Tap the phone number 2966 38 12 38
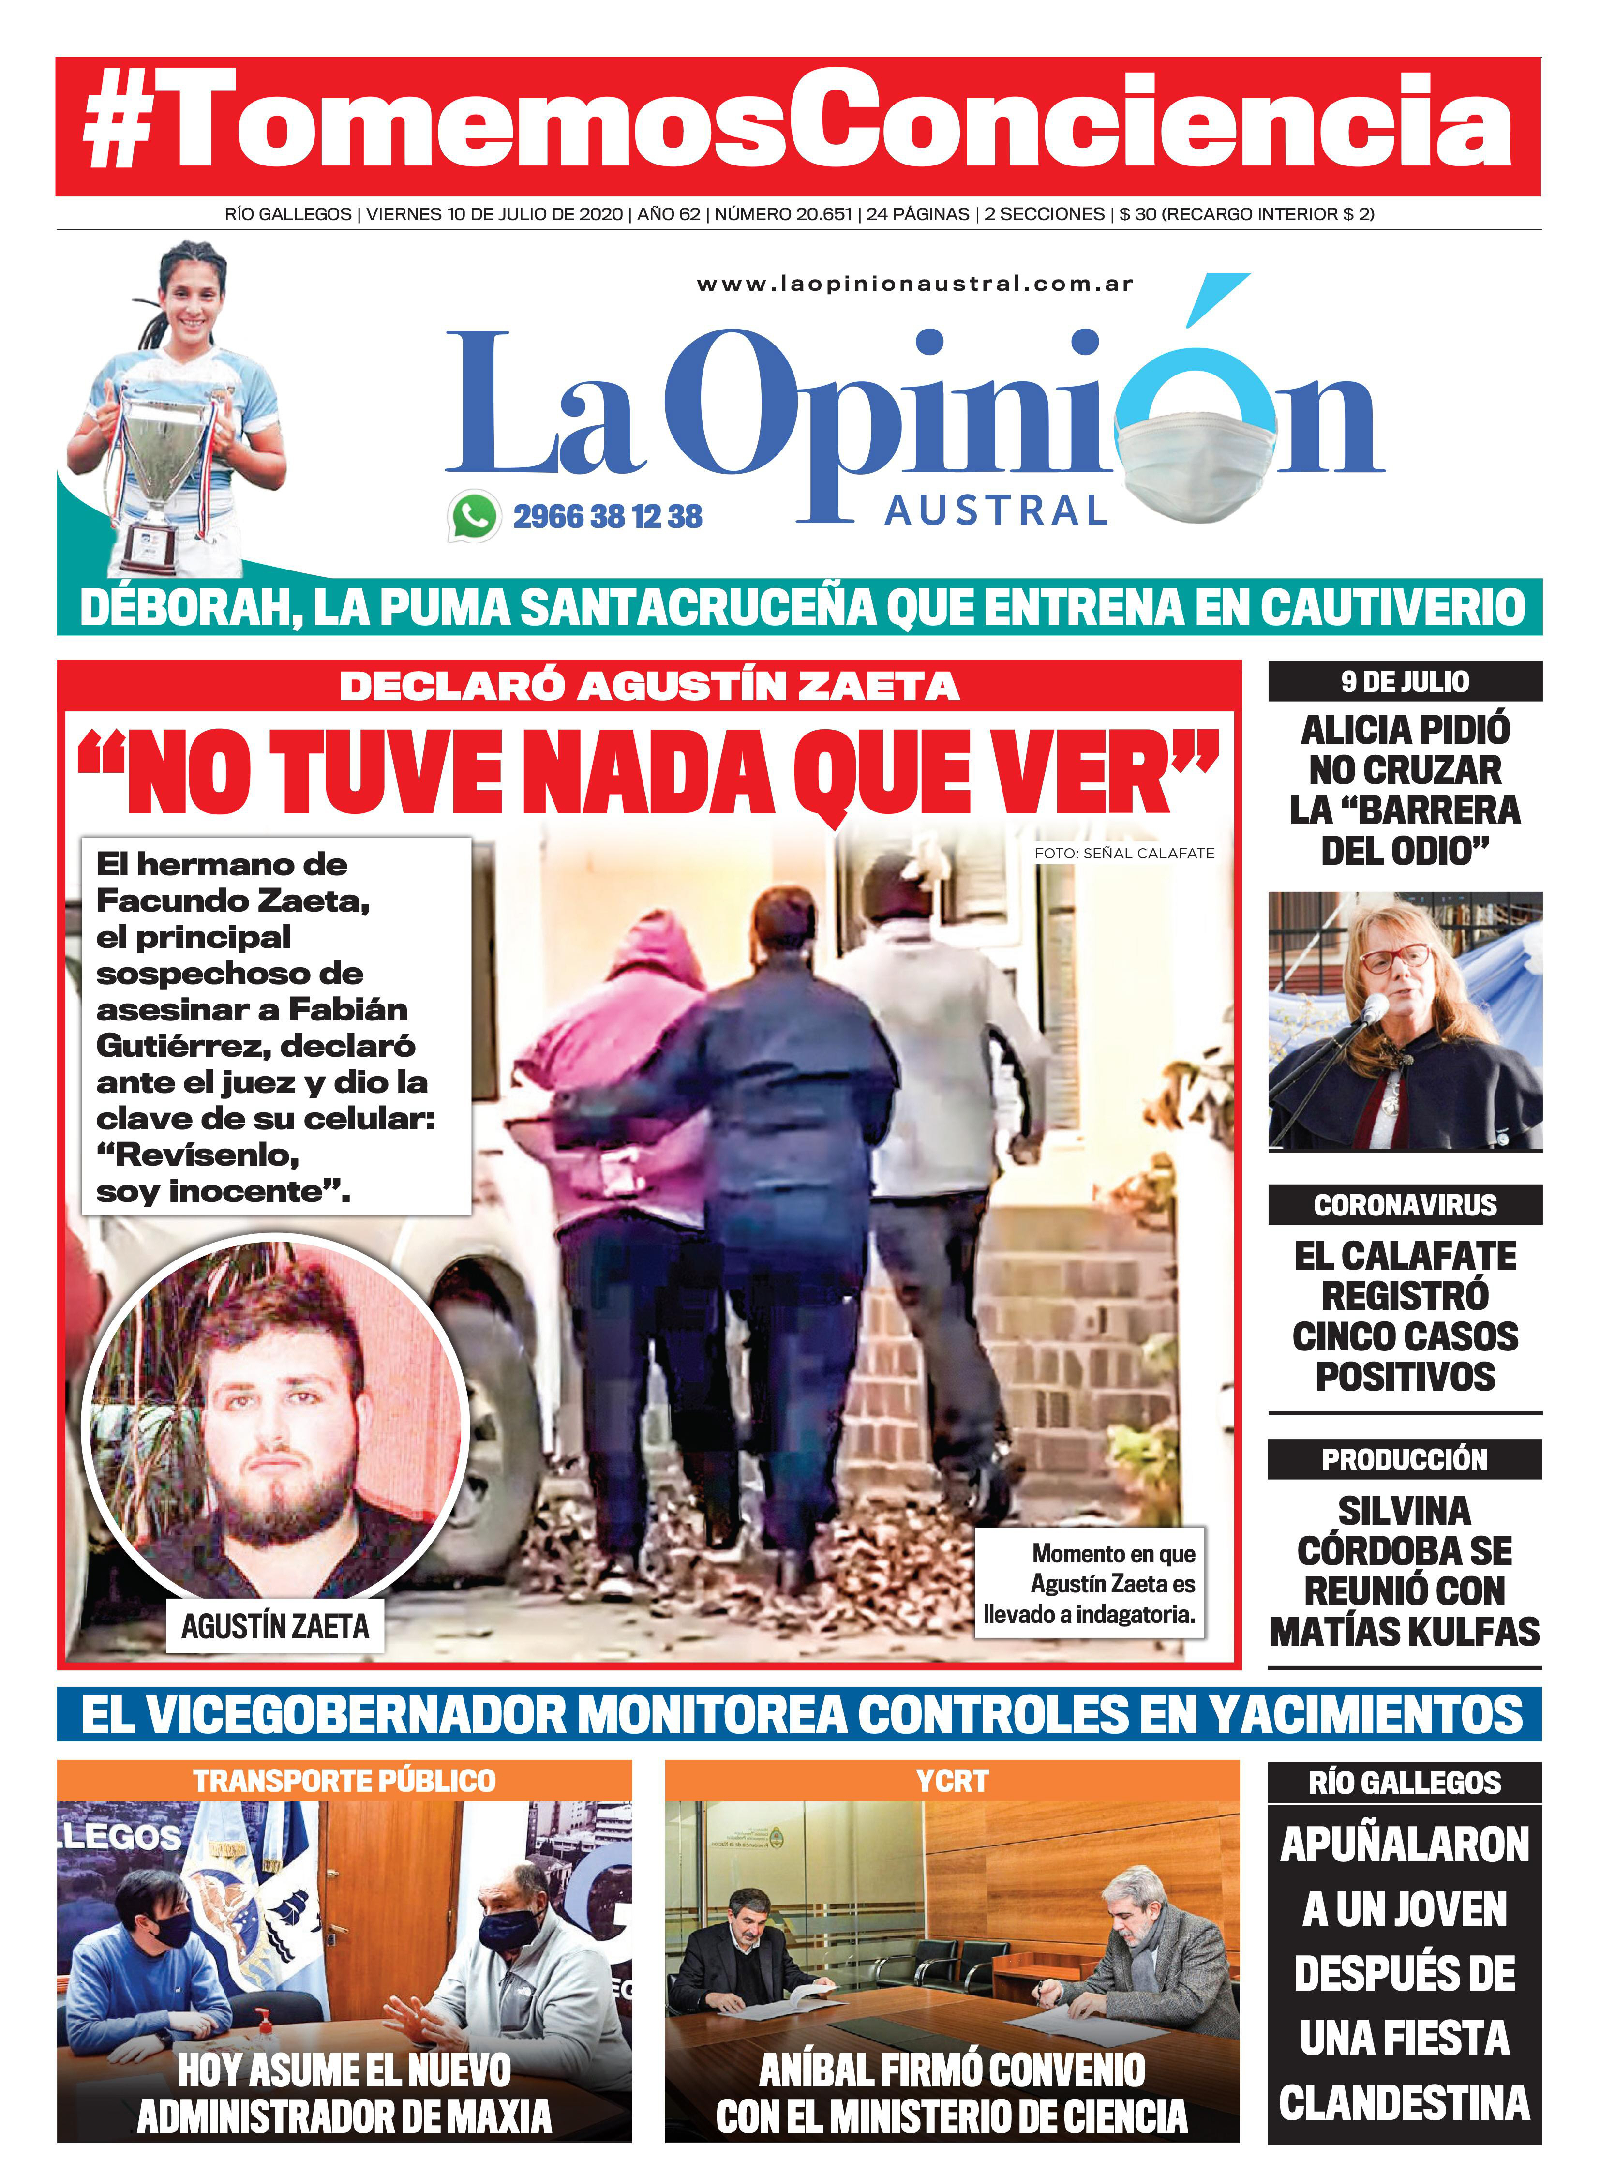[x=607, y=516]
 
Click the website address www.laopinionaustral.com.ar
[x=914, y=284]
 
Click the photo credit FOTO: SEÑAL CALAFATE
[x=1123, y=853]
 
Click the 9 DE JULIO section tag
[x=1405, y=682]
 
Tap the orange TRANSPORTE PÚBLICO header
[x=344, y=1780]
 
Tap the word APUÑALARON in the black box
[x=1405, y=1845]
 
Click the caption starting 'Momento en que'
[x=1090, y=1583]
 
